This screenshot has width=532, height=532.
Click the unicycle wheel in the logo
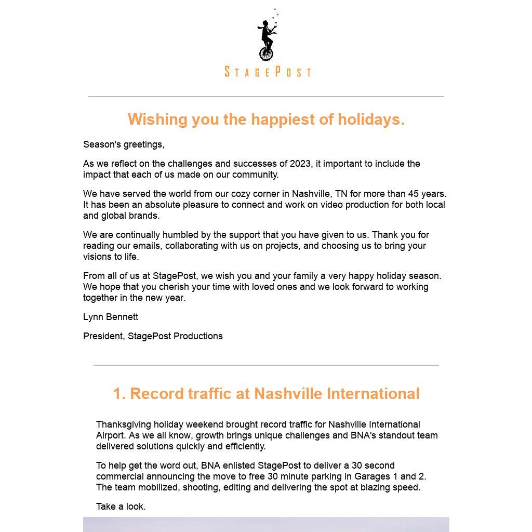pos(266,54)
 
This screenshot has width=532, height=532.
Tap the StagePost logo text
pos(268,72)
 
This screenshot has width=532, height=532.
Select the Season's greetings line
pos(124,144)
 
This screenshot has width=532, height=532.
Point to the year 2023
pos(301,164)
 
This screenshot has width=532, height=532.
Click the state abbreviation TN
pos(341,194)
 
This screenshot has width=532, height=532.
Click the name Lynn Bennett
pos(111,317)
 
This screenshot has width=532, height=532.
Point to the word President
pos(103,336)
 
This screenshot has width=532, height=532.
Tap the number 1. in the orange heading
pos(119,394)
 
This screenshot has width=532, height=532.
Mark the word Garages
pos(370,476)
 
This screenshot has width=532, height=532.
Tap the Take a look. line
pos(121,507)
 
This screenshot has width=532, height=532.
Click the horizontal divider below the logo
pos(266,97)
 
